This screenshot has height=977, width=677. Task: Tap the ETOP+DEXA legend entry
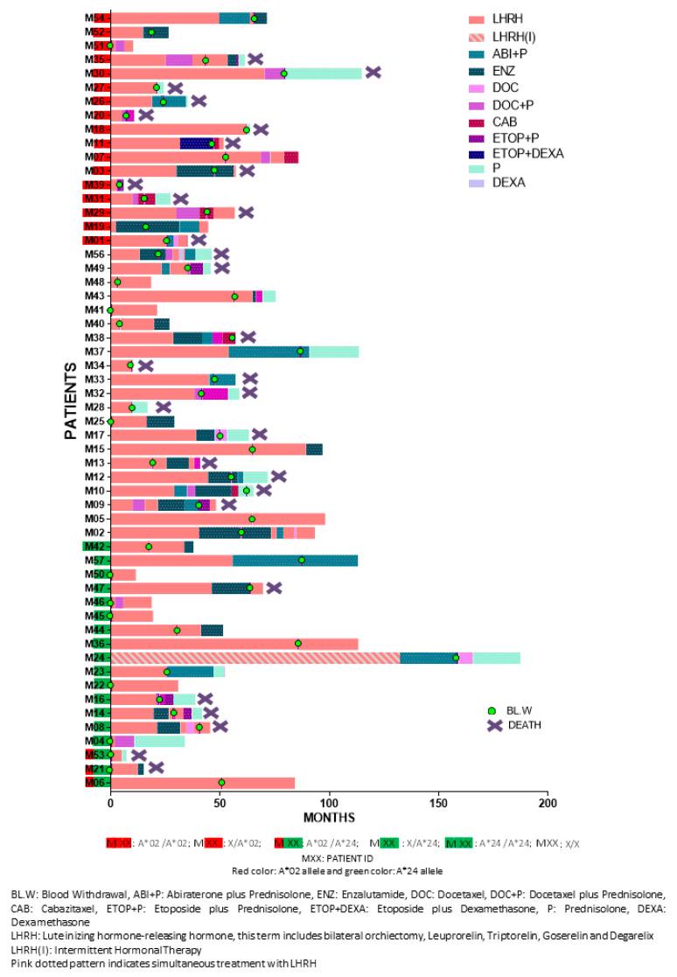(532, 153)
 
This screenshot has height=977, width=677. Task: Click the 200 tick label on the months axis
(547, 803)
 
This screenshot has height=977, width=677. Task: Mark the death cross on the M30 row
(373, 73)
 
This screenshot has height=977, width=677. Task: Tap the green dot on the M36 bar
(298, 644)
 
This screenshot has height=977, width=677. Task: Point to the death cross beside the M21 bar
(157, 768)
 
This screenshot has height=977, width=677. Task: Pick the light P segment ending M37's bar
(334, 352)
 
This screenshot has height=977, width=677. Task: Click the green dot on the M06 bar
(221, 783)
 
